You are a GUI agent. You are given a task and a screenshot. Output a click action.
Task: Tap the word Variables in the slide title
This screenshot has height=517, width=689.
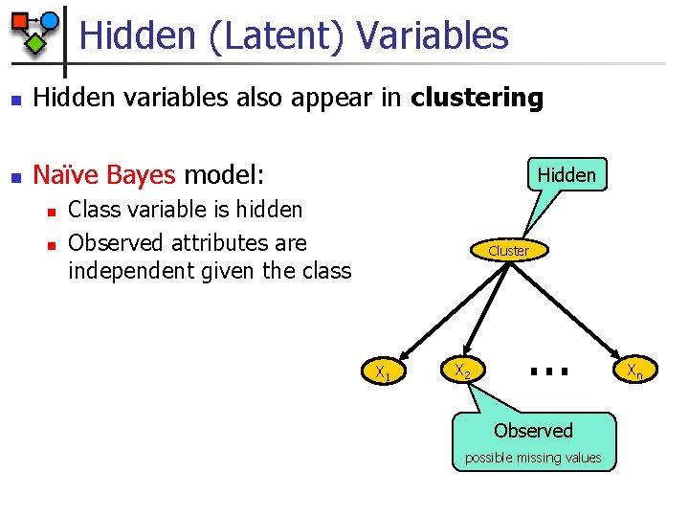click(x=433, y=36)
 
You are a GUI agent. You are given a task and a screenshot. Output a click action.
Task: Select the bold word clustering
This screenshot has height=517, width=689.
click(x=477, y=98)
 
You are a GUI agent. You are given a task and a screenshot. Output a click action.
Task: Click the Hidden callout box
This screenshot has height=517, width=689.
click(x=567, y=174)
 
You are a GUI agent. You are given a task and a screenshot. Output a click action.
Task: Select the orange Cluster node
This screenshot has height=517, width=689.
click(x=508, y=250)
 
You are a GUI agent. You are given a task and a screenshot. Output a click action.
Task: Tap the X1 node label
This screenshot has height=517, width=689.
click(x=382, y=371)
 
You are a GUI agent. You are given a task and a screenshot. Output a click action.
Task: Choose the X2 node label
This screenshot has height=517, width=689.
click(x=461, y=370)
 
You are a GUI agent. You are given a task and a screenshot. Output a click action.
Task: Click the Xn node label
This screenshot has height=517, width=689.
click(x=634, y=371)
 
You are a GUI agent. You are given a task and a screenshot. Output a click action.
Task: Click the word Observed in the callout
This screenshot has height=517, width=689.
click(x=533, y=431)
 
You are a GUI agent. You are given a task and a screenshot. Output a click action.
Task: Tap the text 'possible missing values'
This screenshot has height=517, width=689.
click(x=533, y=458)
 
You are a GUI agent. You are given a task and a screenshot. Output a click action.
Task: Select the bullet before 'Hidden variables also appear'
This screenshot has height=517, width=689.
click(x=12, y=99)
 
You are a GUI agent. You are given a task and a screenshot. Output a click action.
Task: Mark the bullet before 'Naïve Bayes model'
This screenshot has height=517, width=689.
click(x=12, y=176)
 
